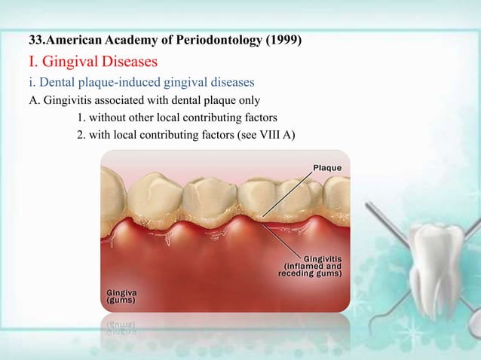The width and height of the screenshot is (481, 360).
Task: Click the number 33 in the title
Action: click(x=34, y=40)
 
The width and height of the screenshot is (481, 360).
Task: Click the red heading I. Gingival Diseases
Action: click(x=92, y=60)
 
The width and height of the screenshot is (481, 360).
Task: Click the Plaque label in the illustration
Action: click(x=327, y=167)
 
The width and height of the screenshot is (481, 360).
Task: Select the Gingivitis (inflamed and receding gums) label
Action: click(x=311, y=266)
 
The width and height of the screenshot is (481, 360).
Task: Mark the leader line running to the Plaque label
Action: click(x=286, y=193)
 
